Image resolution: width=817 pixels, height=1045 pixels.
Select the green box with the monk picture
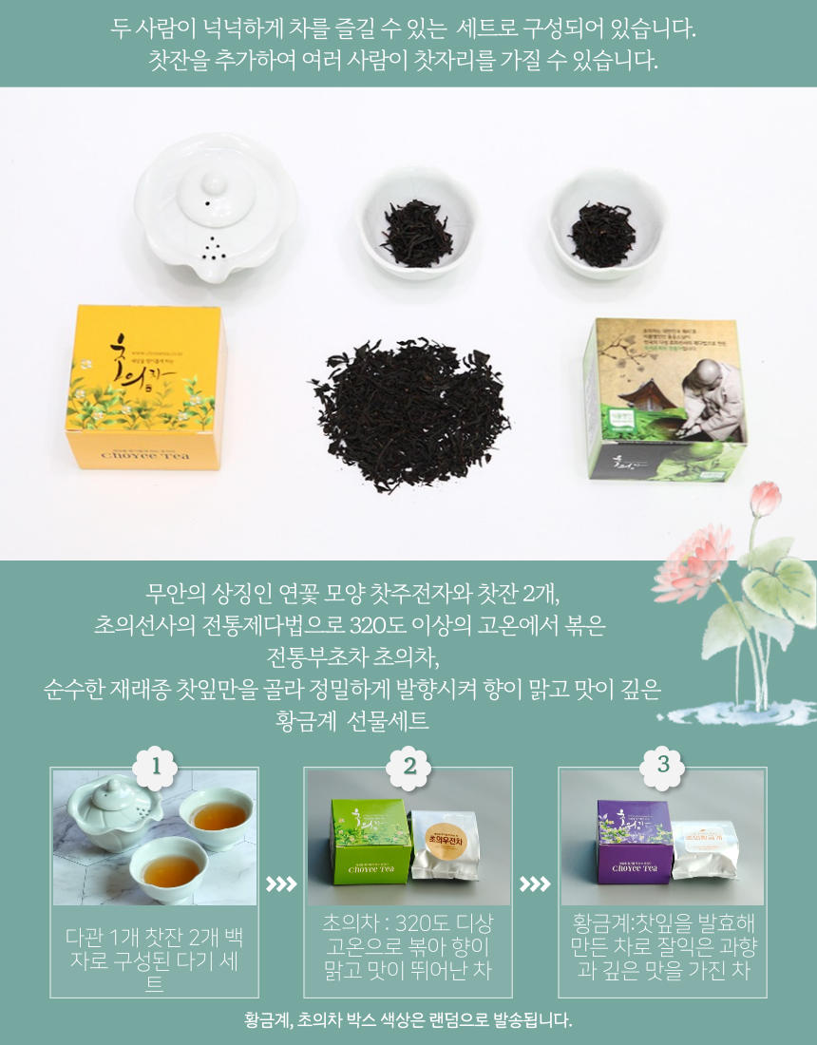click(x=665, y=399)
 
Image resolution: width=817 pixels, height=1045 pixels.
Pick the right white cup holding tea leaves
click(x=601, y=225)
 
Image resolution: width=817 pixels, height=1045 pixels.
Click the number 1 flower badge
click(x=155, y=764)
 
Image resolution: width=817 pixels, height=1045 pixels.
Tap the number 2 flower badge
click(x=409, y=764)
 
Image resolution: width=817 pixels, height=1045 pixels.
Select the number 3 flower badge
click(x=663, y=764)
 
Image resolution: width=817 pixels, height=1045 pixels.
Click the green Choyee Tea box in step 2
click(x=370, y=842)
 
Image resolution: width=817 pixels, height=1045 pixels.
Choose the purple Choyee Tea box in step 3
click(x=635, y=842)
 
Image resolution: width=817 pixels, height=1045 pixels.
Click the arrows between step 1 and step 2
click(x=280, y=884)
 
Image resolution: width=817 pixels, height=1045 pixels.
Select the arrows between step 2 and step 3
click(x=535, y=884)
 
